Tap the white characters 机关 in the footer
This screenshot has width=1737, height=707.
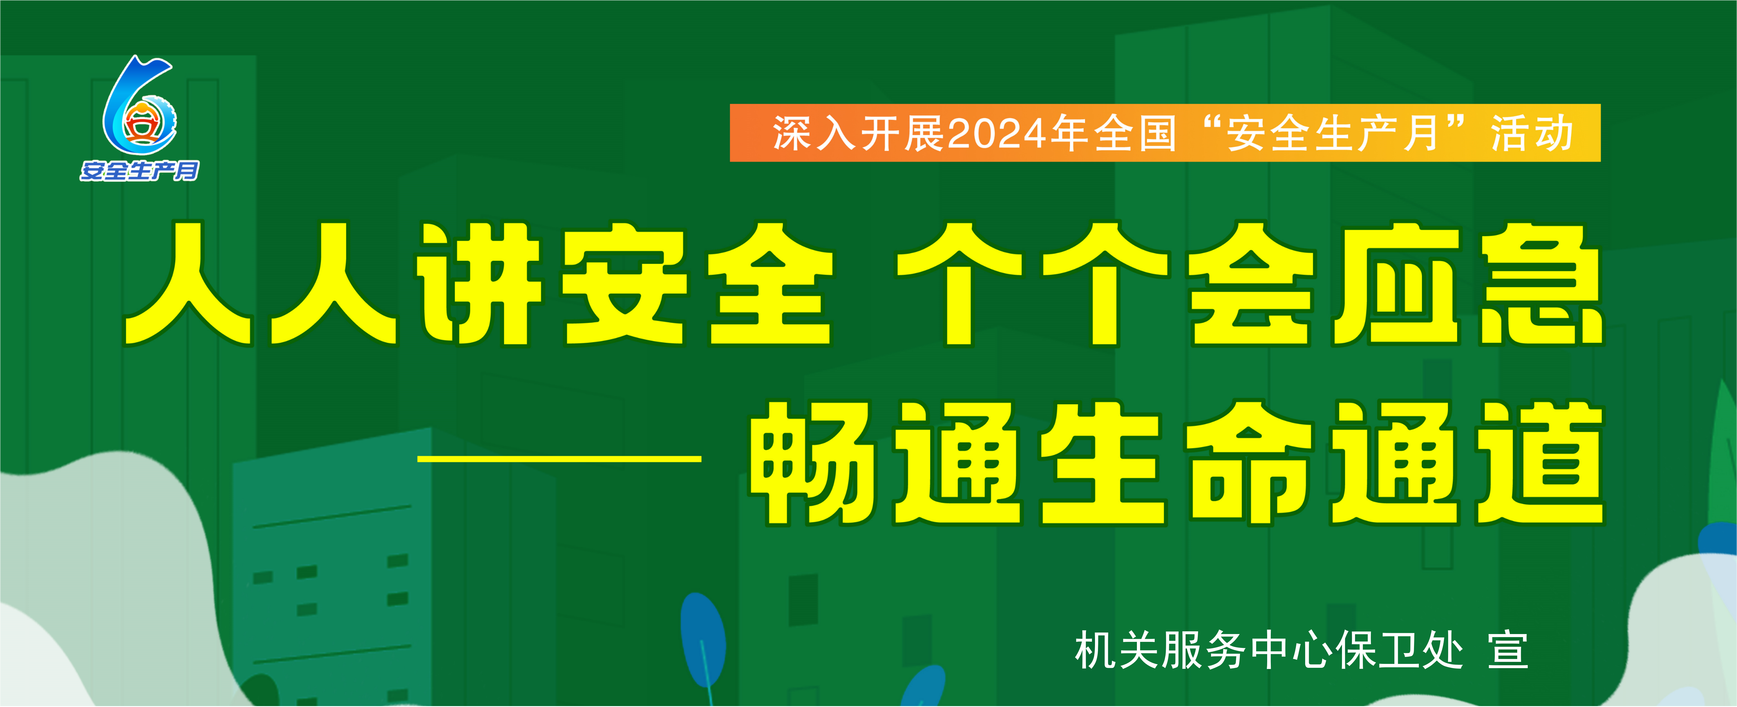[1117, 650]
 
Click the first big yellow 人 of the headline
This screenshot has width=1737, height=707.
[189, 284]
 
